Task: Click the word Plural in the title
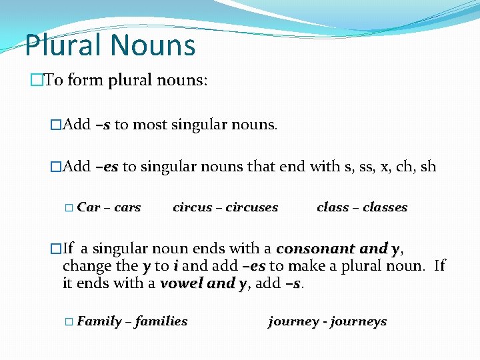pyautogui.click(x=63, y=45)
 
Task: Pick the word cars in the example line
pyautogui.click(x=127, y=207)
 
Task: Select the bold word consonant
pyautogui.click(x=316, y=249)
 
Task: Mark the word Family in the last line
pyautogui.click(x=99, y=321)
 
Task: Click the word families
pyautogui.click(x=161, y=321)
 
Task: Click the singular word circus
pyautogui.click(x=192, y=207)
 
